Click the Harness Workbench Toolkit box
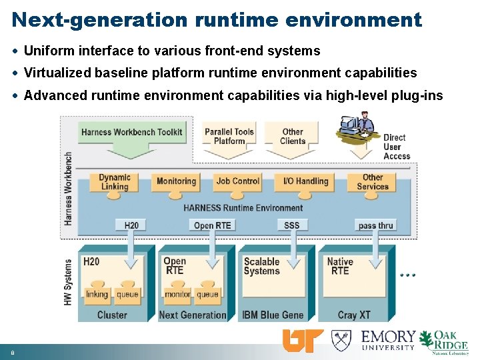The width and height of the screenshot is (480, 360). coord(131,132)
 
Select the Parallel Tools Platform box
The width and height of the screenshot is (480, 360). coord(229,136)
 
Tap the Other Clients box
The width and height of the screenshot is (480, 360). coord(292,136)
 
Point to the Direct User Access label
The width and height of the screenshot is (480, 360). coord(397,147)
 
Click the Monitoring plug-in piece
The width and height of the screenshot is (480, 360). coord(176,181)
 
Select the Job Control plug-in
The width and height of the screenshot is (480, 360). coord(237,181)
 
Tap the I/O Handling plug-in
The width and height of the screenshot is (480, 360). coord(305,181)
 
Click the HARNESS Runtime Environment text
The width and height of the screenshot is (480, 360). coord(243,208)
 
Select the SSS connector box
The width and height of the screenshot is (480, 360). coord(291,225)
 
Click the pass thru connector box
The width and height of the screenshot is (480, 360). coord(375,225)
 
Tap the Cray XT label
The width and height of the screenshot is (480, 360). coord(354,315)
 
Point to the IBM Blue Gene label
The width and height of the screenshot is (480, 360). coord(273,315)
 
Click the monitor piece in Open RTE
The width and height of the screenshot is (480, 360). coord(177,293)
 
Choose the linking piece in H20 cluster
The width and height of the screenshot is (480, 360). coord(97,293)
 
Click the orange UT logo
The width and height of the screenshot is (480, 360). coord(303,340)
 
